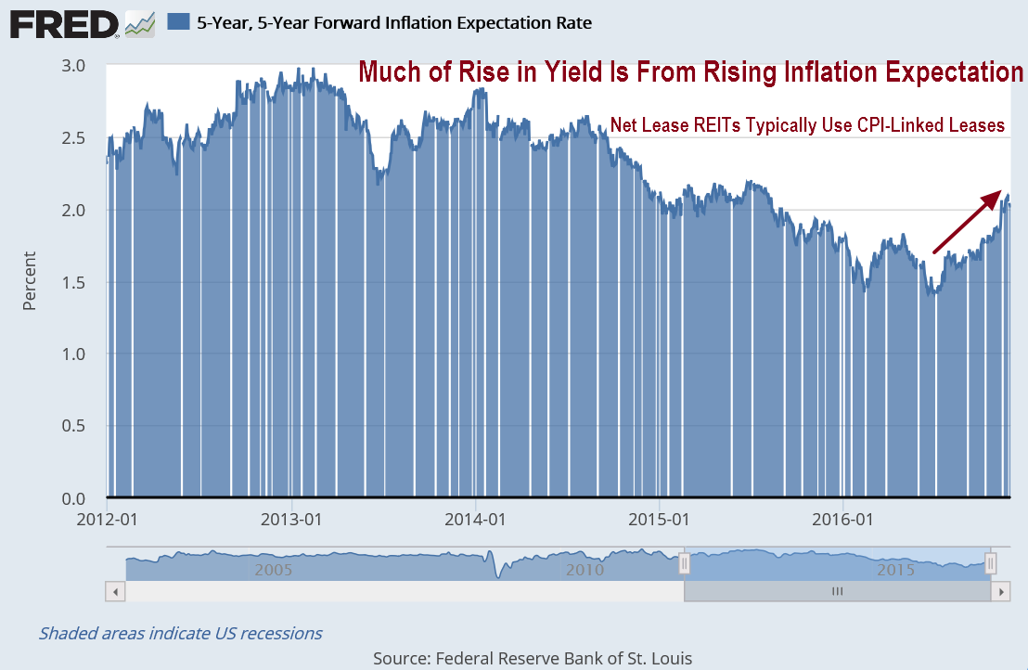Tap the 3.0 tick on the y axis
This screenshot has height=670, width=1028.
click(73, 66)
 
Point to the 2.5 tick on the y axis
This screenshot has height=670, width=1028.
click(73, 138)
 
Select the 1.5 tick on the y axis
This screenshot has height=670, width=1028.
click(73, 282)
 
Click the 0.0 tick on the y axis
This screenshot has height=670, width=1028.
click(73, 498)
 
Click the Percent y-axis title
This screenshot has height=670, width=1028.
click(30, 281)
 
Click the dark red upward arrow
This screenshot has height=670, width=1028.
click(969, 222)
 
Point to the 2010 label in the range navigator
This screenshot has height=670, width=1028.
click(585, 569)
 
